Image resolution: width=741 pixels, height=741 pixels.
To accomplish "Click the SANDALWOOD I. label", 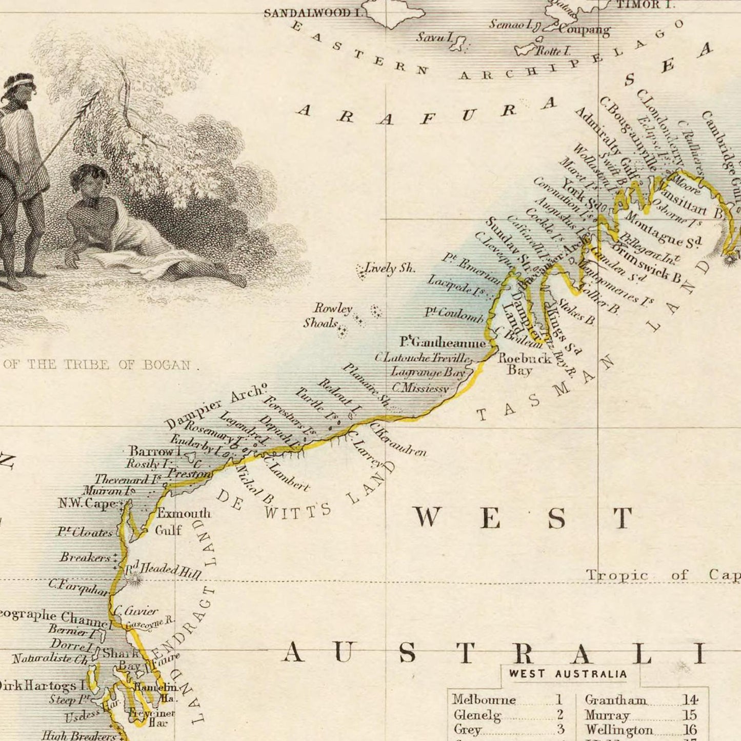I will coord(313,13).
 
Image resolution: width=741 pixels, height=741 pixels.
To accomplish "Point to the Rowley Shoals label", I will coord(328,315).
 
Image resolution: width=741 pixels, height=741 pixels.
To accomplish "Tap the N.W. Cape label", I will coord(87,503).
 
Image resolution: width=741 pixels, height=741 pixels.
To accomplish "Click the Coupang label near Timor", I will coord(584,29).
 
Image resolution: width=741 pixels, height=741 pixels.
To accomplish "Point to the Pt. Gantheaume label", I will coord(443,342).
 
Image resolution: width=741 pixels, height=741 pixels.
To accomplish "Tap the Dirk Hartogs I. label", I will coord(44,685).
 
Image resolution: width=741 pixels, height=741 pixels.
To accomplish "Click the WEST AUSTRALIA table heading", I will coord(568,674).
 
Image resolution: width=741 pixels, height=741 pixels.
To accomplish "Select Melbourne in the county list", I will coord(484,699).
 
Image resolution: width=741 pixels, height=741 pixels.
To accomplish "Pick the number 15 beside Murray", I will coord(689,715).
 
